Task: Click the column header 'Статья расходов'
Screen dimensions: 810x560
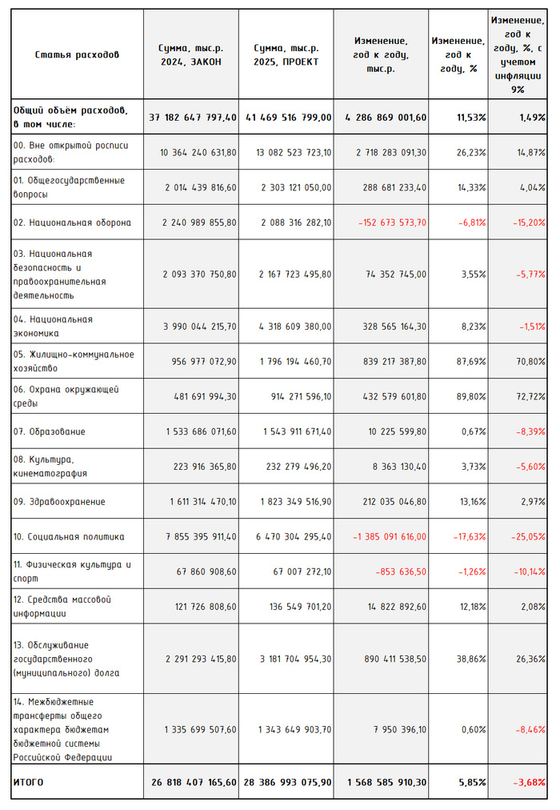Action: pyautogui.click(x=77, y=54)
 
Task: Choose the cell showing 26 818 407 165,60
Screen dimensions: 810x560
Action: pyautogui.click(x=193, y=782)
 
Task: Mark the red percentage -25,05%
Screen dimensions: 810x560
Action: pyautogui.click(x=529, y=537)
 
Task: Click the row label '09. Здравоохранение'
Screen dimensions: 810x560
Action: pyautogui.click(x=59, y=502)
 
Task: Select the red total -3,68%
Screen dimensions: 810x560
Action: pyautogui.click(x=529, y=782)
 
